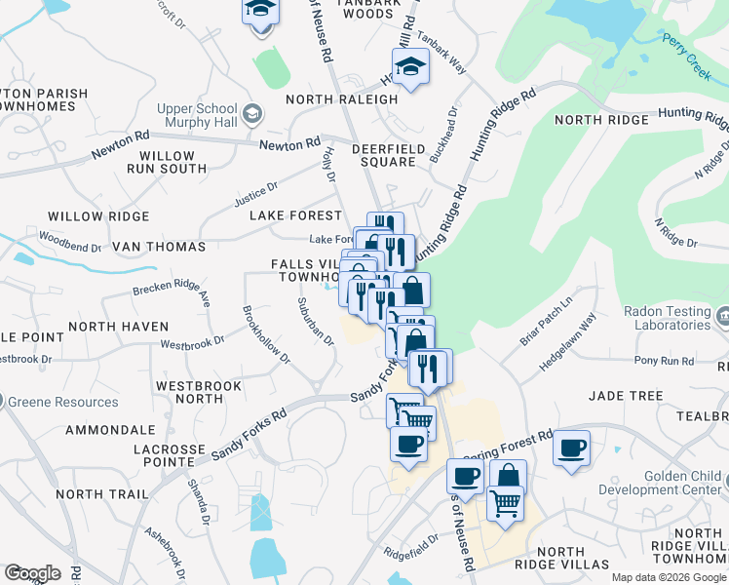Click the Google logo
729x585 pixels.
tap(32, 573)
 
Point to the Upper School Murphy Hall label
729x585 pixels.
tap(197, 115)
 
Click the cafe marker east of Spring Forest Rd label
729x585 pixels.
tap(572, 448)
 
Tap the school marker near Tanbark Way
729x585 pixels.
tap(411, 67)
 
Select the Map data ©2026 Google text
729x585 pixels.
tap(669, 577)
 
